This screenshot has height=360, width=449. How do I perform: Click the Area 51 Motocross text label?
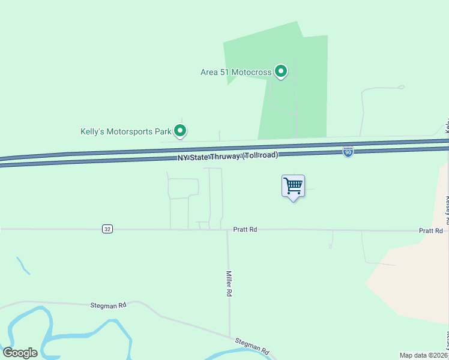point(236,73)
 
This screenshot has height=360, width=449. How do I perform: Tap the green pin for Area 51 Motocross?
point(280,71)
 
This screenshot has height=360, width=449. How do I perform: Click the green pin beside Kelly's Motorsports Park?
point(179,131)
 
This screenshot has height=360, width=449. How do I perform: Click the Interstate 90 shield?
point(348,152)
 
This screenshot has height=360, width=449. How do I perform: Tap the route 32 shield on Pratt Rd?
point(107,229)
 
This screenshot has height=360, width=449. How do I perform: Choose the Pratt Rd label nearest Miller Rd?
point(245,230)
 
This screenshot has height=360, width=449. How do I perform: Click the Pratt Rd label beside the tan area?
point(430,230)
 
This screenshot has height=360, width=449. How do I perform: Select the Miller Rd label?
point(229,284)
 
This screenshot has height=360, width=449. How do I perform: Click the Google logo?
point(20,353)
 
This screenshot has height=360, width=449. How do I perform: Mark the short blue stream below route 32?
point(23,266)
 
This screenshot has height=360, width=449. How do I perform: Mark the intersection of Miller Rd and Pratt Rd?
point(227,230)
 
